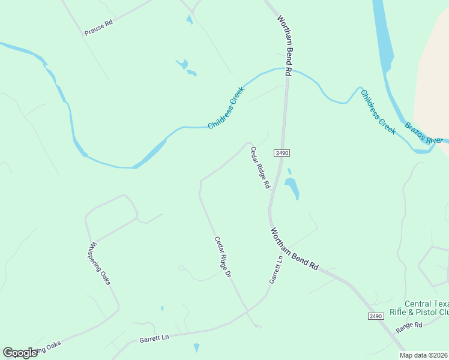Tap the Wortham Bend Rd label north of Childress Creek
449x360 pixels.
(x=284, y=44)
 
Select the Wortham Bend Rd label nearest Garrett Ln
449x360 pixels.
(x=294, y=248)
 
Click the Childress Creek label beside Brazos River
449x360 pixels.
(x=378, y=112)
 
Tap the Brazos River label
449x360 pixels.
(x=423, y=133)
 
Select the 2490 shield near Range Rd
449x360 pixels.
(x=375, y=316)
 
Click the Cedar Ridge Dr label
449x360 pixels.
(x=223, y=257)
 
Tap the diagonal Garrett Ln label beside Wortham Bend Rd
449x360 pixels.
(x=276, y=270)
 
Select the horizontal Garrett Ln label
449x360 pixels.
(x=154, y=339)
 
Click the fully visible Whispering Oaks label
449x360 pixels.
(x=99, y=263)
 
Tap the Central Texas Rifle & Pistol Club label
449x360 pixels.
(x=427, y=308)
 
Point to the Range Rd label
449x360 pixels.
(x=409, y=328)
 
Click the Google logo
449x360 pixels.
(x=20, y=353)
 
